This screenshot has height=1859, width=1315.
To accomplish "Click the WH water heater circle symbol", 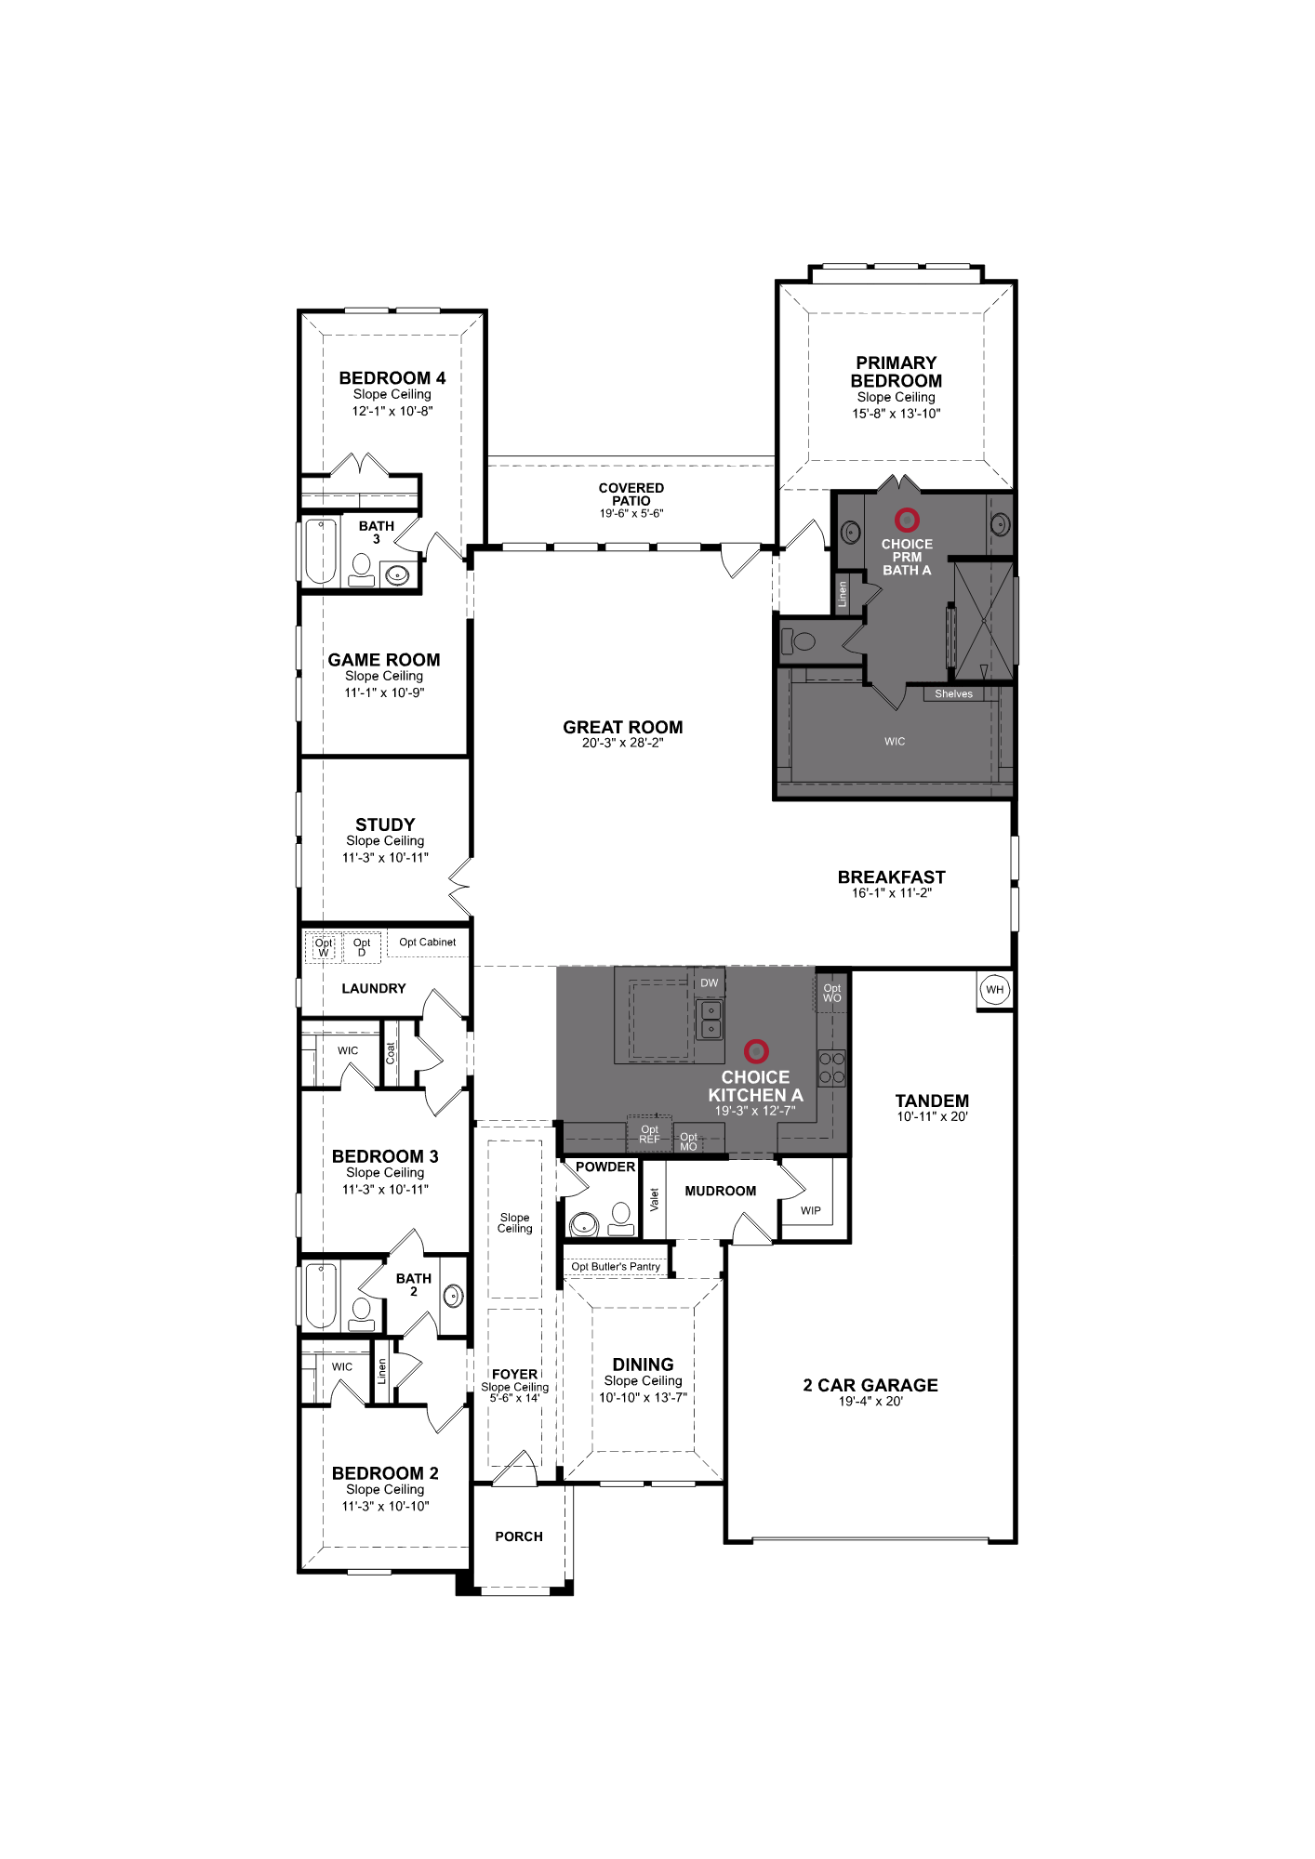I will [x=995, y=989].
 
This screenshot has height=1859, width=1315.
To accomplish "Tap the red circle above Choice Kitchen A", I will [x=757, y=1051].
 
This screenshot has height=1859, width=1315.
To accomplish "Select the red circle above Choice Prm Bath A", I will [x=907, y=520].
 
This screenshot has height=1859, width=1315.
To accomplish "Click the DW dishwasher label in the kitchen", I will [x=710, y=982].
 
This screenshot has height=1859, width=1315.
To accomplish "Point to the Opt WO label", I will [x=831, y=993].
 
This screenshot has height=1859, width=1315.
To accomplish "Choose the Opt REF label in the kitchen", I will [x=649, y=1134].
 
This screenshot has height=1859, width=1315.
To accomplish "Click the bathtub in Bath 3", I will [x=320, y=551].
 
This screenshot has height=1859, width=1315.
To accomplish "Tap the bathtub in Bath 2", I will [x=320, y=1296].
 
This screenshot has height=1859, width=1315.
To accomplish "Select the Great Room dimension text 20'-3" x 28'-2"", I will [x=622, y=743].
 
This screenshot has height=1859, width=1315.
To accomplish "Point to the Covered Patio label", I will [x=631, y=494].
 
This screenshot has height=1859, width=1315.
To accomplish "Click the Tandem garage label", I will [x=932, y=1101].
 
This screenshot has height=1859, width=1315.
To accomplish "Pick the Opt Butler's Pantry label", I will [x=616, y=1266].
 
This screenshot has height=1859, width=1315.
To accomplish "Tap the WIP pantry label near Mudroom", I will [x=811, y=1210].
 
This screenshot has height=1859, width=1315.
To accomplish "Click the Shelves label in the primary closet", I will [x=953, y=693].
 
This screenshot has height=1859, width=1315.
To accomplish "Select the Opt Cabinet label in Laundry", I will [x=428, y=942].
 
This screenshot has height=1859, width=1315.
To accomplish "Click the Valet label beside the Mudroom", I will [x=654, y=1200].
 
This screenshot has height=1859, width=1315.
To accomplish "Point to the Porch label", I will [x=519, y=1536].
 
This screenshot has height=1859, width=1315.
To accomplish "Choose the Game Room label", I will [x=384, y=660].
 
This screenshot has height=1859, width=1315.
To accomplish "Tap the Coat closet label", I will [x=391, y=1053].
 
